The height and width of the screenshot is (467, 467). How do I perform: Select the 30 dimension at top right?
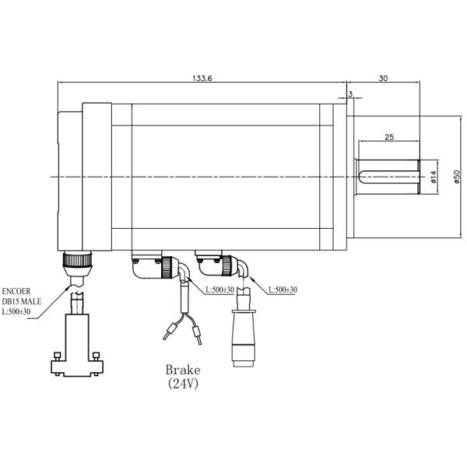click(383, 78)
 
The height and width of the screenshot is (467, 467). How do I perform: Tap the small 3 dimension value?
click(351, 94)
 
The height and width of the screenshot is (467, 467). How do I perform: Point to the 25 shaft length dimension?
click(388, 137)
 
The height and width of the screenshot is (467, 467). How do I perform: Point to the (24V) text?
click(183, 384)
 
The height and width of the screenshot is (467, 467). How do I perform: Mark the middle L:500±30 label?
click(218, 290)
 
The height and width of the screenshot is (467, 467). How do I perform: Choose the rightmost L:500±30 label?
click(283, 290)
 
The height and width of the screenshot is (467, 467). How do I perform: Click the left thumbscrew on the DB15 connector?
click(57, 359)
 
